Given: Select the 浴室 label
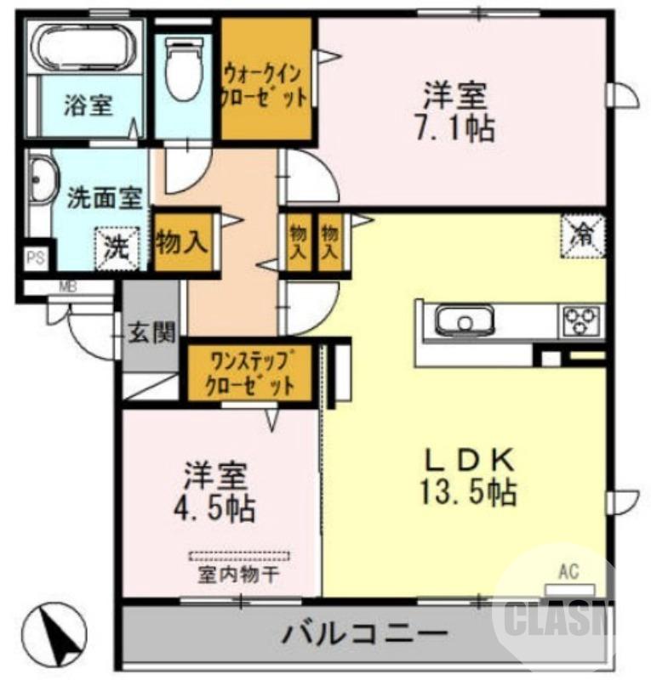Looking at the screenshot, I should [x=89, y=106].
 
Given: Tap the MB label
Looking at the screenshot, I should [x=67, y=286].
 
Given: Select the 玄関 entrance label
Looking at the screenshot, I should [x=152, y=331].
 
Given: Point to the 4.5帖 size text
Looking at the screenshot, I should [x=214, y=508].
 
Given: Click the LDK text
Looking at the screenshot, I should [x=470, y=459].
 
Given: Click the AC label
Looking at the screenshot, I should [x=568, y=572].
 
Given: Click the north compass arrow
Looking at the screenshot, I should [x=59, y=633].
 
